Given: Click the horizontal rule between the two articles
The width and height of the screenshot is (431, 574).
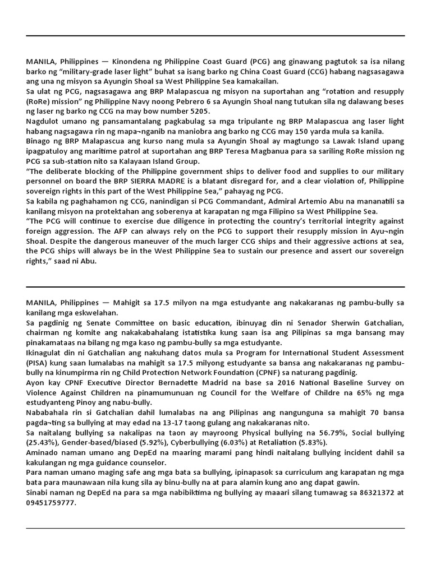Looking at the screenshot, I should [215, 286].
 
